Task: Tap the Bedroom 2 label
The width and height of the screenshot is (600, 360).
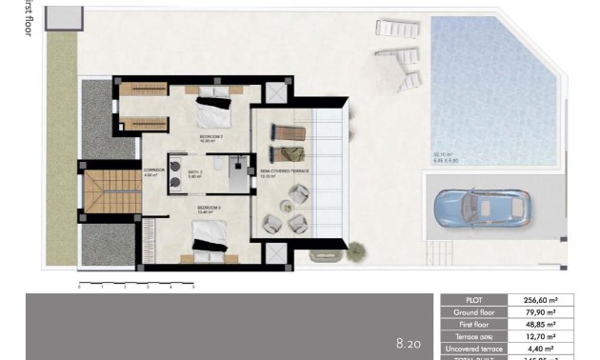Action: [x=210, y=137]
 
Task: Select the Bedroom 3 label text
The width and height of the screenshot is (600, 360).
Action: [x=209, y=207]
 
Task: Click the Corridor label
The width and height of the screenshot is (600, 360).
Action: [x=153, y=172]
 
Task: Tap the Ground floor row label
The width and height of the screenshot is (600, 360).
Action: [x=474, y=311]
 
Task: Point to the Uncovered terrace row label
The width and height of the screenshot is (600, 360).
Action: [x=474, y=349]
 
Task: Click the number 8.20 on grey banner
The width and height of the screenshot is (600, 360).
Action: [x=409, y=341]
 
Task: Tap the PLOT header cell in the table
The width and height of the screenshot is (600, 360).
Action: [x=474, y=299]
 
